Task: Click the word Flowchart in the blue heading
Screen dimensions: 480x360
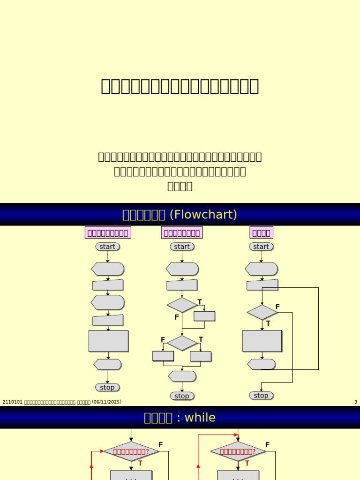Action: (203, 215)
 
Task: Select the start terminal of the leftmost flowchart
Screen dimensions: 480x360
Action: (107, 247)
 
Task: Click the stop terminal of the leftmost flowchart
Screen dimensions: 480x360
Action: (107, 387)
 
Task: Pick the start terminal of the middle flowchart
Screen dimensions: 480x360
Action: (182, 247)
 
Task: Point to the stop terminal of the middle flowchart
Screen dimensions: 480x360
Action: (182, 396)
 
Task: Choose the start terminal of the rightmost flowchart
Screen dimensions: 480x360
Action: (261, 247)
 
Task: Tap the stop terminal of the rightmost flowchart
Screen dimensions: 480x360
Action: (261, 396)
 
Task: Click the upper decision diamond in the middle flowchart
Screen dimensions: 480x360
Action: (182, 305)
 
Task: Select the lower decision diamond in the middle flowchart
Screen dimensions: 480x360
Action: (182, 343)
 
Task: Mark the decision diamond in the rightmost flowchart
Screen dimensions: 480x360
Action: (262, 312)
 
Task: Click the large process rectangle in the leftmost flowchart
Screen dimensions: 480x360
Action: (108, 341)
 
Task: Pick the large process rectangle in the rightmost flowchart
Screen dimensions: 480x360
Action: (262, 341)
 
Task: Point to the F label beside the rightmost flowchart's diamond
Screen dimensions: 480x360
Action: (277, 307)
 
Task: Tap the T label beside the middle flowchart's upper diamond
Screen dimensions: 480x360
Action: (200, 302)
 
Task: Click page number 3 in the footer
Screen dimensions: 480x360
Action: (356, 402)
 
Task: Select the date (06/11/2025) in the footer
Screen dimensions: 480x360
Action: (107, 402)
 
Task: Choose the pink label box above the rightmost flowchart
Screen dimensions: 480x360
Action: (261, 232)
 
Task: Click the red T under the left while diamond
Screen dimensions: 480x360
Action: (140, 463)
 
